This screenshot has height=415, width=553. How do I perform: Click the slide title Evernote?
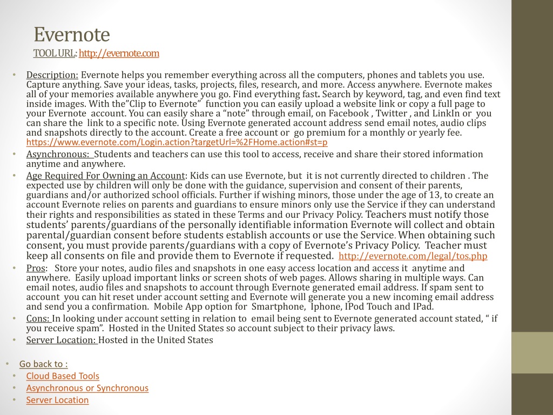(x=72, y=35)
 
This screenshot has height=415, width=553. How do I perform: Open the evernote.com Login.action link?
(x=177, y=142)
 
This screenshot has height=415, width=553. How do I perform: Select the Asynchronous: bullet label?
(x=58, y=155)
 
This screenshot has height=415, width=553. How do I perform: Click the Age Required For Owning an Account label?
(x=105, y=176)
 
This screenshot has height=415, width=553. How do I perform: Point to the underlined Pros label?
(x=36, y=268)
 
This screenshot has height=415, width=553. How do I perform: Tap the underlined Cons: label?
(x=38, y=319)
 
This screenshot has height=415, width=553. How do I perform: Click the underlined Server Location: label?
(x=61, y=340)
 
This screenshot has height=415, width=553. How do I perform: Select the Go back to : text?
(x=43, y=364)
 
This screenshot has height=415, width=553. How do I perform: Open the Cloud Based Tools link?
(x=63, y=376)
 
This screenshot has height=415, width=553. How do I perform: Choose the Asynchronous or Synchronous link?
(x=87, y=388)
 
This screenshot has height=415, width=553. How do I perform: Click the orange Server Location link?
(x=57, y=400)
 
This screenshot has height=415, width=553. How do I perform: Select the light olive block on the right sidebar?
(x=532, y=352)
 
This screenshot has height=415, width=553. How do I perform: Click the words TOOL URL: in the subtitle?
(x=55, y=53)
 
